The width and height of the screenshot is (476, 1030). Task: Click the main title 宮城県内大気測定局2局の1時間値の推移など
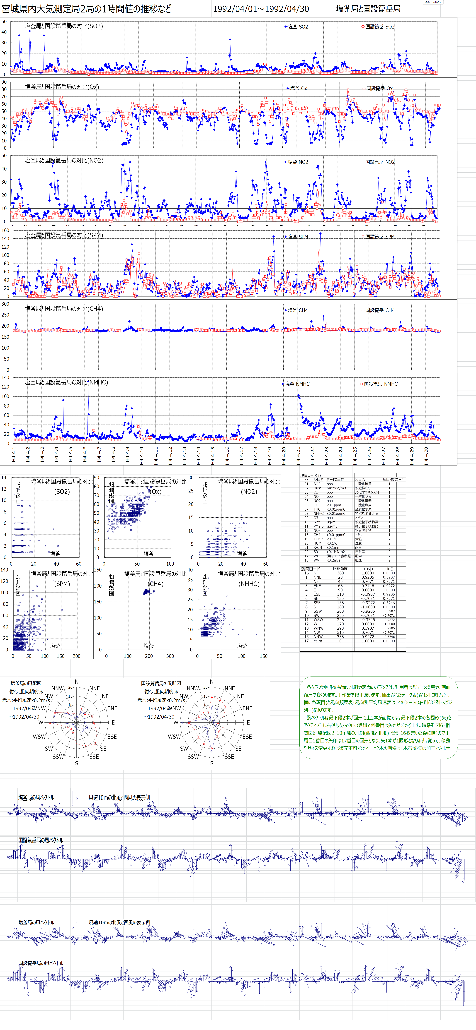[86, 9]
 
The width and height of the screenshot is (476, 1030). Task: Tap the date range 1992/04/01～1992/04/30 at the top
[261, 9]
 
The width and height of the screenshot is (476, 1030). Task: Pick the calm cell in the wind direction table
[318, 641]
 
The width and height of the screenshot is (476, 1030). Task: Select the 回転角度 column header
[340, 569]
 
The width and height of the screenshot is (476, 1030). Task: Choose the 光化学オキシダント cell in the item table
[367, 492]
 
